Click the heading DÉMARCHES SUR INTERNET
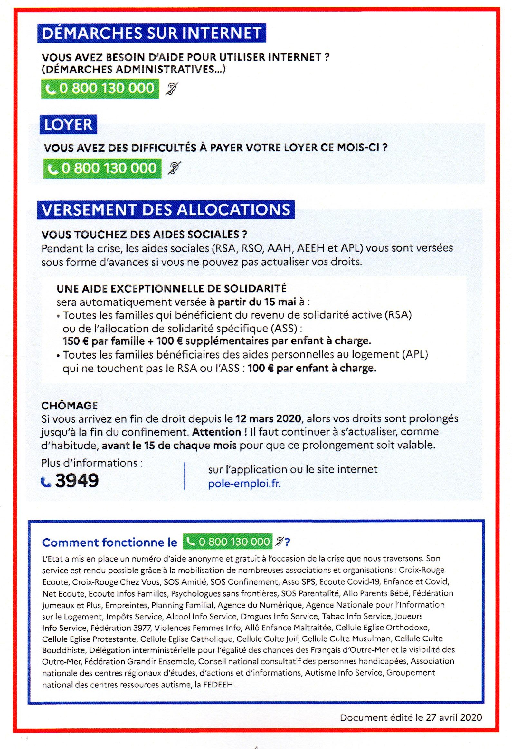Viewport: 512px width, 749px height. pos(151,33)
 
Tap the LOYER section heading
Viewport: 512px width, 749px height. pos(68,125)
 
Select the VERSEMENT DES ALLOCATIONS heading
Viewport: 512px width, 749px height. pos(166,209)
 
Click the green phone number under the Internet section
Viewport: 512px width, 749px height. pos(100,88)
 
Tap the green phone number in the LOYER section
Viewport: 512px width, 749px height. pos(102,168)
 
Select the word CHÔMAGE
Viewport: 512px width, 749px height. pos(69,405)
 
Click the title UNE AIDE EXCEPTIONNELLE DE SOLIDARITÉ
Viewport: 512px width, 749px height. pos(171,288)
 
